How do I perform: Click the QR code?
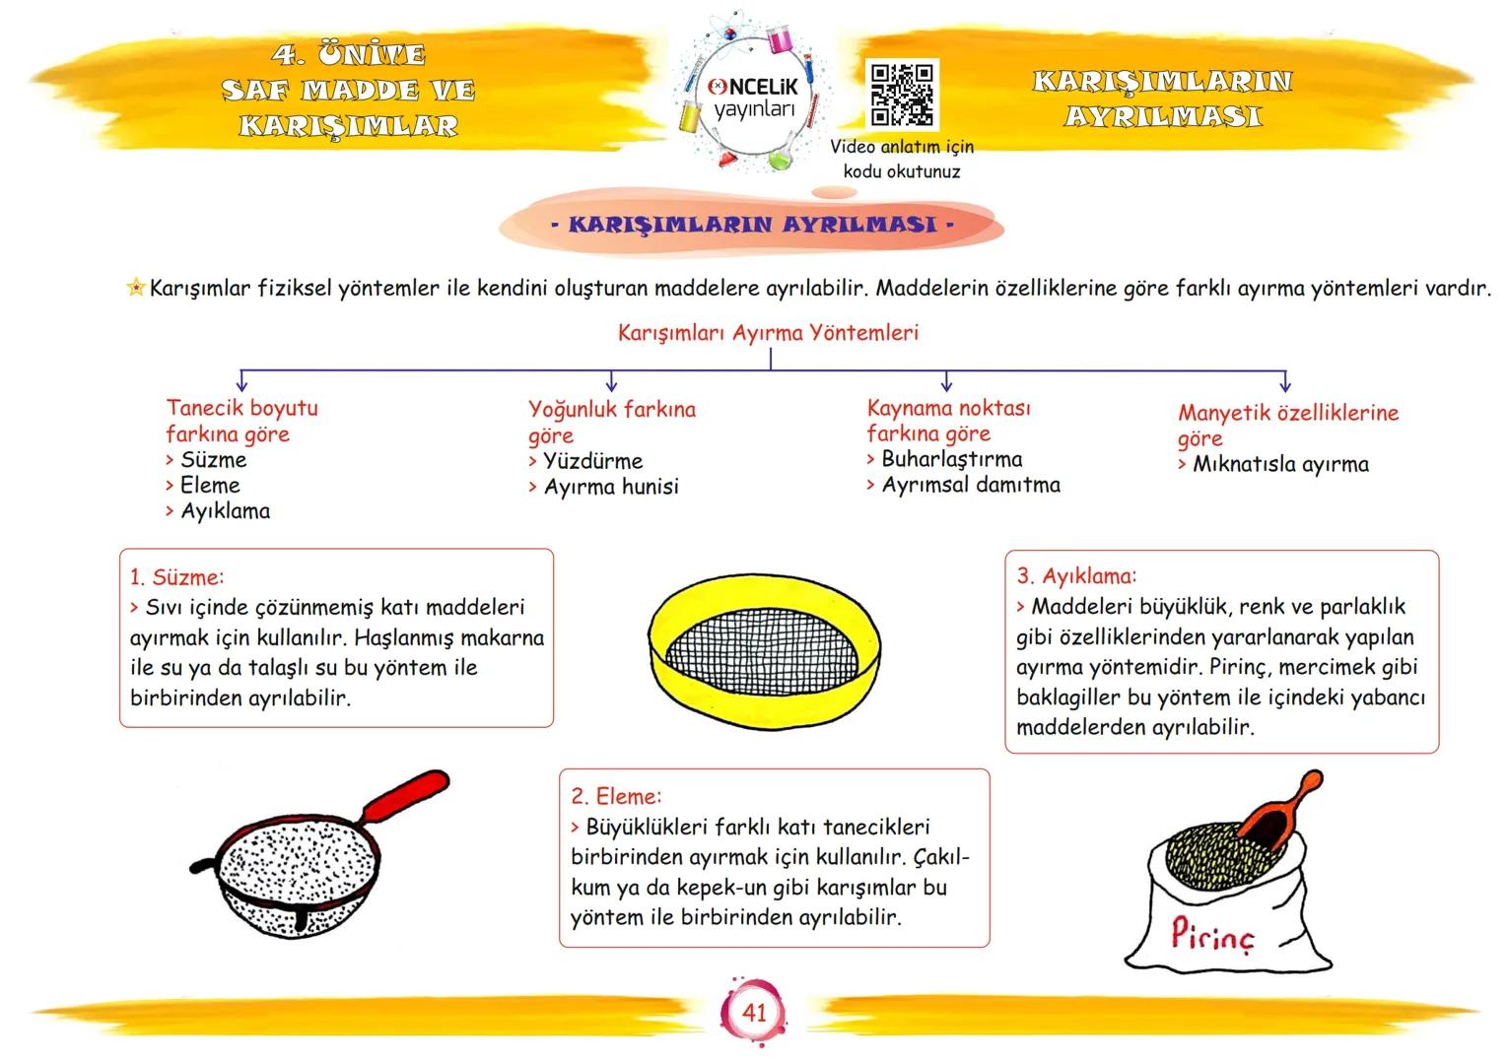(x=902, y=95)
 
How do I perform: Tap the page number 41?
(x=754, y=1012)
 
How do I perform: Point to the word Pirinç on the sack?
(x=1213, y=935)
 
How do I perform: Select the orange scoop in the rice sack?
(x=1278, y=816)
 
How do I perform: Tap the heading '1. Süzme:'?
(x=177, y=577)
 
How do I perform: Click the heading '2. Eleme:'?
(x=617, y=796)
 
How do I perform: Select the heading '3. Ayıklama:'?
(x=1076, y=576)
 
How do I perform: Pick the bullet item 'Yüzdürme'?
(x=592, y=461)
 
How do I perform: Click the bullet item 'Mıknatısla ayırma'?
(x=1280, y=464)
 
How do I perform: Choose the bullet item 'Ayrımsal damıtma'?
(x=971, y=485)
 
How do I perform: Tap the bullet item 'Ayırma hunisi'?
(x=611, y=487)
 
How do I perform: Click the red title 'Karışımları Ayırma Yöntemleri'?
(x=768, y=333)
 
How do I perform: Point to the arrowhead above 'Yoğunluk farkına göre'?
(x=611, y=384)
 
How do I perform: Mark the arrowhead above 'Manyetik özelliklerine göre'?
(x=1284, y=385)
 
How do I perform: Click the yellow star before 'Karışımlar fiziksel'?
(x=136, y=289)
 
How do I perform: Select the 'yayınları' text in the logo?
(x=754, y=109)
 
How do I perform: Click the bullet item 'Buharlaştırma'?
(x=951, y=459)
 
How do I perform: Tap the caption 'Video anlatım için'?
(x=902, y=147)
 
